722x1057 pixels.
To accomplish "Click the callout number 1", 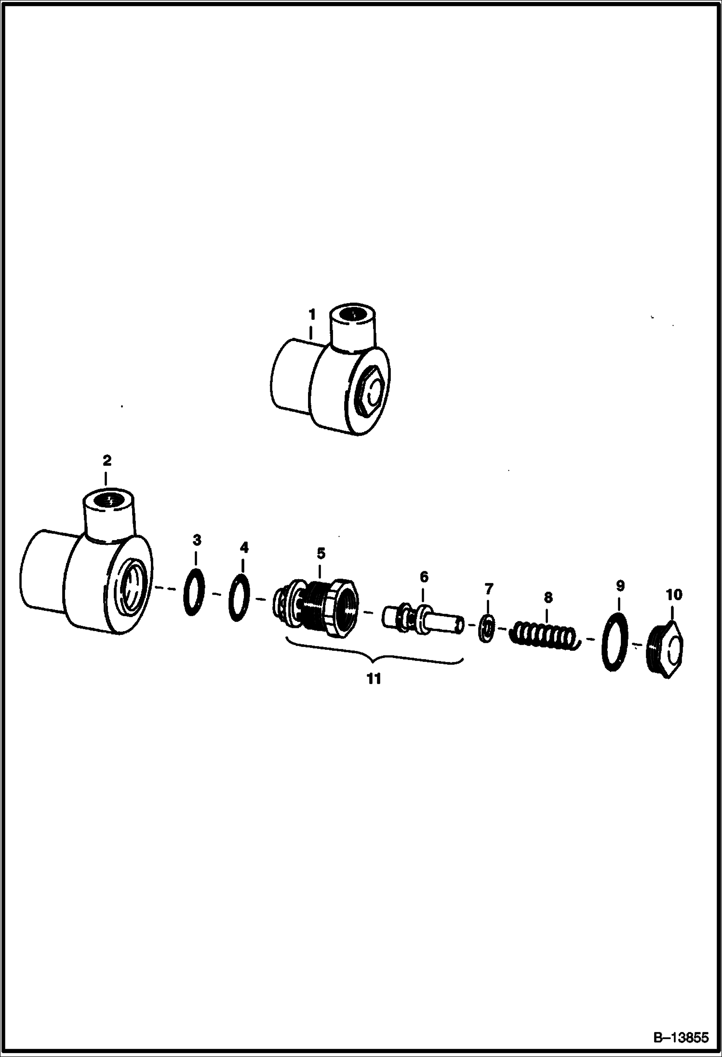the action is tap(312, 315).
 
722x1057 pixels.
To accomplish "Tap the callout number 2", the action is tap(107, 461).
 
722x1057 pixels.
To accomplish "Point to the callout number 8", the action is tap(548, 598).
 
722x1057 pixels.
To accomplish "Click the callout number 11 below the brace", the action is tap(374, 679).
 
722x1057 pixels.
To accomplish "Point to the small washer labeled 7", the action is tap(487, 629).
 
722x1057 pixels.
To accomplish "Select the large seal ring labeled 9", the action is tap(614, 642).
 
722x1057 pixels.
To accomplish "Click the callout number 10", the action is tap(674, 595).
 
